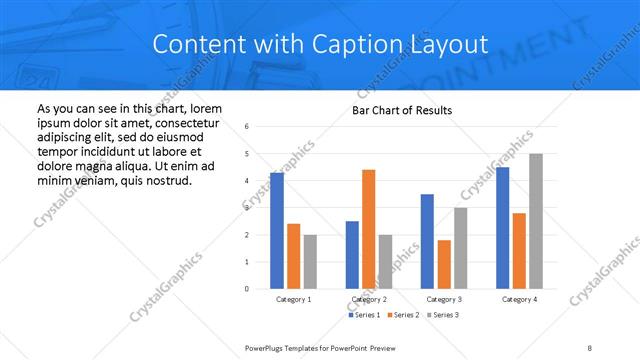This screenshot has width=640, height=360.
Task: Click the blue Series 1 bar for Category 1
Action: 277,231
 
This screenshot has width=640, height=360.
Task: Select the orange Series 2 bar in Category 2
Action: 369,229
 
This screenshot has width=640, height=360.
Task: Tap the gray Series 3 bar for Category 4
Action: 536,221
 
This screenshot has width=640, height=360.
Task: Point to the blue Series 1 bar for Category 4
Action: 503,228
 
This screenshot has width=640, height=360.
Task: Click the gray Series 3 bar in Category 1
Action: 310,261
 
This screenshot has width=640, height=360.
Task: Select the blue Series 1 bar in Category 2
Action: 352,255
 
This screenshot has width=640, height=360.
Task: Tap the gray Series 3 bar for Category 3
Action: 461,248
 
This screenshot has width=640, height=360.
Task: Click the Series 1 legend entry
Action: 364,315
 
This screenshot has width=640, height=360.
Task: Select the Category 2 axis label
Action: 369,299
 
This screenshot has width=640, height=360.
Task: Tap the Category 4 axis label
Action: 519,299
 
